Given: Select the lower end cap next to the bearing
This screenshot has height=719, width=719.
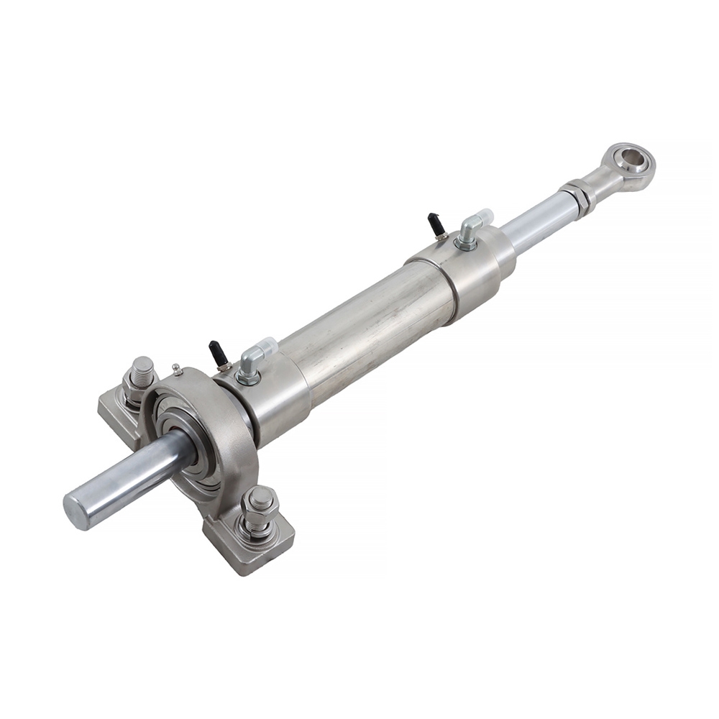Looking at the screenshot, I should (x=270, y=403).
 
